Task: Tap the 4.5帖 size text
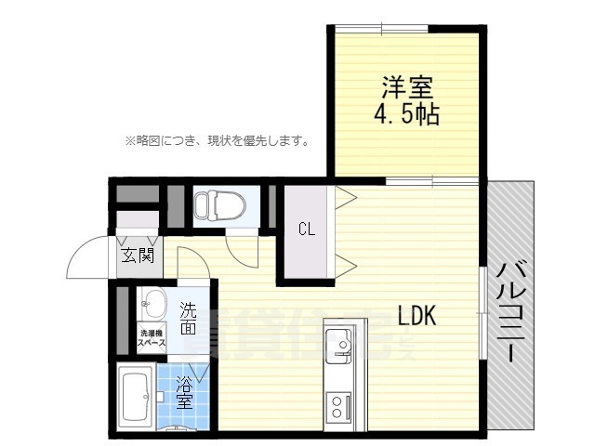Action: coord(405,115)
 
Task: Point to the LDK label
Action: coord(417,315)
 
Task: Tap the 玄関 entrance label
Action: coord(137,255)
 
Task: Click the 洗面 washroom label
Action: coord(189,317)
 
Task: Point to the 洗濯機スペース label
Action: coord(152,338)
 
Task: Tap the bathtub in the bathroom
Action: coord(138,398)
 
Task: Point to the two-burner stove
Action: coord(337,405)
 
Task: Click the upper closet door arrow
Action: coord(345,198)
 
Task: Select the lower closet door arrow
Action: coord(345,263)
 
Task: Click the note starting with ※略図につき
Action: coord(217,141)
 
